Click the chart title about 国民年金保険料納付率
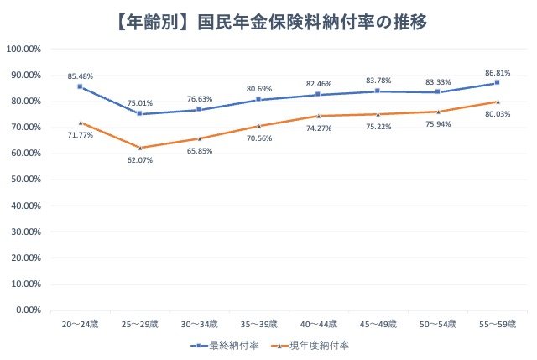click(x=268, y=20)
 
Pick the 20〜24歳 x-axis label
click(x=80, y=323)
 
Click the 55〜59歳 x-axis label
click(x=497, y=323)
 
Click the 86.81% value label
click(x=497, y=71)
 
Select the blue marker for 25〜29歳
click(x=139, y=114)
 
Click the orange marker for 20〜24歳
click(x=80, y=123)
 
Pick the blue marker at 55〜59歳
click(x=497, y=83)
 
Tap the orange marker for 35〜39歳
click(x=258, y=126)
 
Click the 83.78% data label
click(x=378, y=80)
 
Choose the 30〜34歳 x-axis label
click(x=199, y=323)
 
